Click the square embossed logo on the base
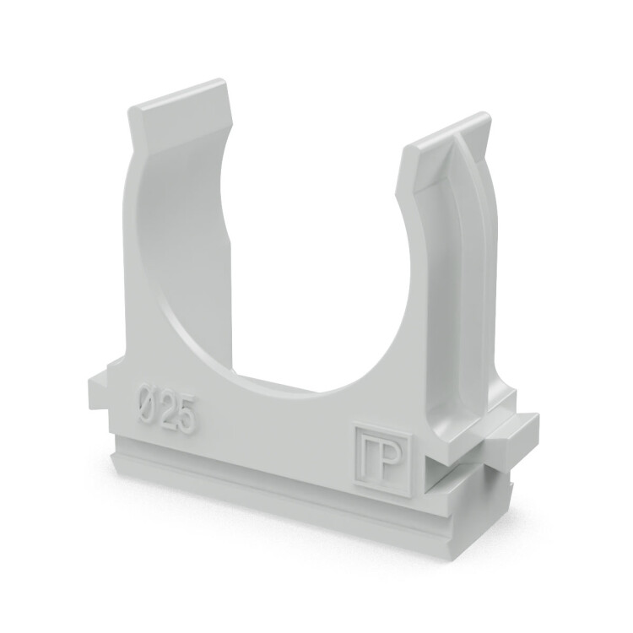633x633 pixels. [382, 459]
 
